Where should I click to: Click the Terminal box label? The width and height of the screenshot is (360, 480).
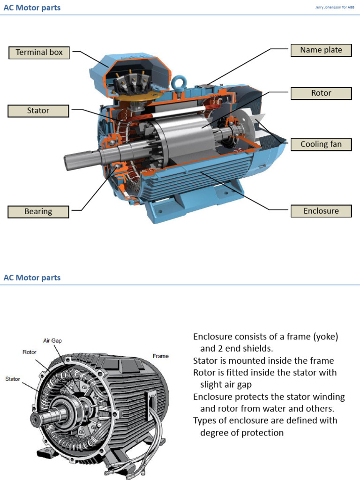39,52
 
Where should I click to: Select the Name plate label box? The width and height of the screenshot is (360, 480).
321,50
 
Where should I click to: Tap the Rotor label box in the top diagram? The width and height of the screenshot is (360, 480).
321,93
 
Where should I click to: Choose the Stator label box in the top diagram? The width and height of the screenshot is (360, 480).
38,111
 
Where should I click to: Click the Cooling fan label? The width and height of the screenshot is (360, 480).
321,144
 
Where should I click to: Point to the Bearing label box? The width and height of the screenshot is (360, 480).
38,212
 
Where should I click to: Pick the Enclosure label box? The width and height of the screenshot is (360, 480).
321,211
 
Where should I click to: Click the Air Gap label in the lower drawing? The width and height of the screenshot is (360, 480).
52,341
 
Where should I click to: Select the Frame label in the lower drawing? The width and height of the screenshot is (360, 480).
160,356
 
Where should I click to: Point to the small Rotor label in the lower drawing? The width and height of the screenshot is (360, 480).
30,352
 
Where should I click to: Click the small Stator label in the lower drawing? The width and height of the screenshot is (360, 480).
13,378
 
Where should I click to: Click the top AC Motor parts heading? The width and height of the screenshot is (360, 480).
32,8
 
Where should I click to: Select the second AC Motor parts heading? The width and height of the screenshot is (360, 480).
32,277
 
